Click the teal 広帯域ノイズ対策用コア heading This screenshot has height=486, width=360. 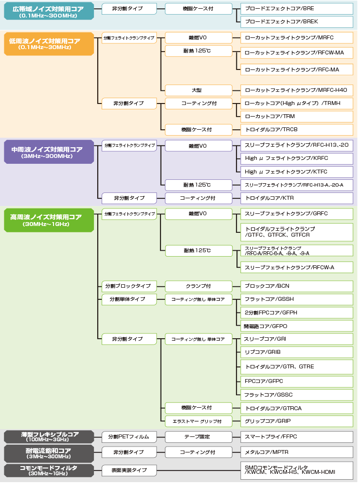pos(49,11)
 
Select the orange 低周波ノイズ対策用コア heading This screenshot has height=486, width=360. pos(49,43)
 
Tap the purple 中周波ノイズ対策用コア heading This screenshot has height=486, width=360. pos(49,152)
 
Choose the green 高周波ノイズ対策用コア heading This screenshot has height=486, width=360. pos(49,220)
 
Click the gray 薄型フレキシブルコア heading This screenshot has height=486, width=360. pos(49,436)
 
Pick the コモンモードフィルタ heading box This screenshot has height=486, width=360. pos(49,470)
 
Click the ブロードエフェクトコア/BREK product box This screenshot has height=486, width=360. pos(297,21)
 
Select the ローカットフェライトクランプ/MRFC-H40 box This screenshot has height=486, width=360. pos(297,90)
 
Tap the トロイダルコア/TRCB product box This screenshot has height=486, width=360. pos(297,130)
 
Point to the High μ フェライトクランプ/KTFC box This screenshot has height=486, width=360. pos(297,172)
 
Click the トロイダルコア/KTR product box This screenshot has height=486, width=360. pos(297,198)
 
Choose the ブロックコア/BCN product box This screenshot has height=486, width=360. pos(297,286)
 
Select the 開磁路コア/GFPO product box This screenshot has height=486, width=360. pos(297,326)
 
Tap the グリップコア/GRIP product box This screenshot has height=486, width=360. pos(297,421)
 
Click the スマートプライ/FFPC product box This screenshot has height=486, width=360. pos(297,436)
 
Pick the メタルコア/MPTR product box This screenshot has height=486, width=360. pos(297,452)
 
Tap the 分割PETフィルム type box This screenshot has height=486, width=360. pos(129,436)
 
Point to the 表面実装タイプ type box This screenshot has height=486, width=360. pos(129,470)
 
